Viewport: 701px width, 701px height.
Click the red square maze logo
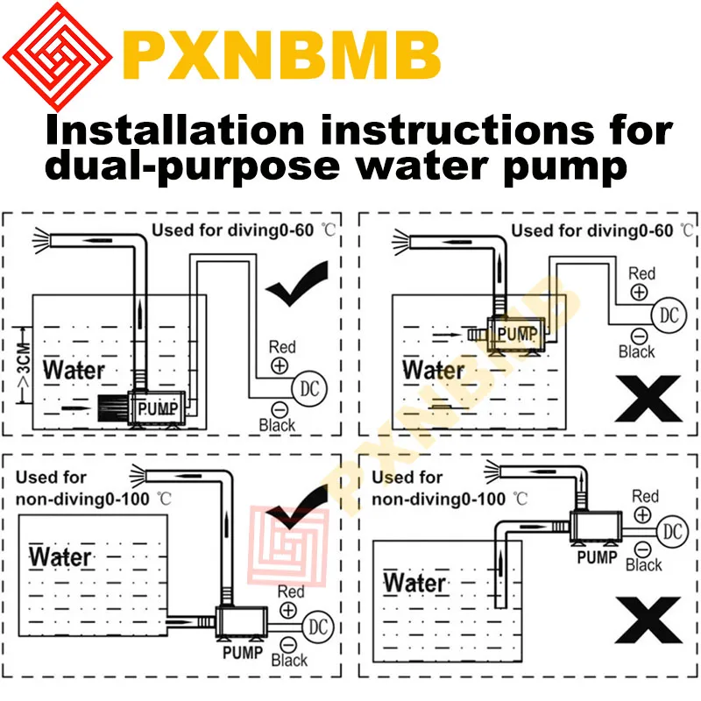[x=57, y=57]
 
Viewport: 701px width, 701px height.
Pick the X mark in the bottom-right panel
[x=648, y=620]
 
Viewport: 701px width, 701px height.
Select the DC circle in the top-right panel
[x=668, y=315]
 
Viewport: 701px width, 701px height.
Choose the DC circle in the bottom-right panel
[x=672, y=531]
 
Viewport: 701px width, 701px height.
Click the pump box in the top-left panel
[x=157, y=407]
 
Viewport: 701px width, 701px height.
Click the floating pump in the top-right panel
[x=517, y=333]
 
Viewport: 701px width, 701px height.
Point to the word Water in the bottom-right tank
[x=414, y=582]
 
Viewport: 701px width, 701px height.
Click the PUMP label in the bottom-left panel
[x=242, y=652]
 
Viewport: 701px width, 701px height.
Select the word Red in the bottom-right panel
[x=645, y=497]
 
